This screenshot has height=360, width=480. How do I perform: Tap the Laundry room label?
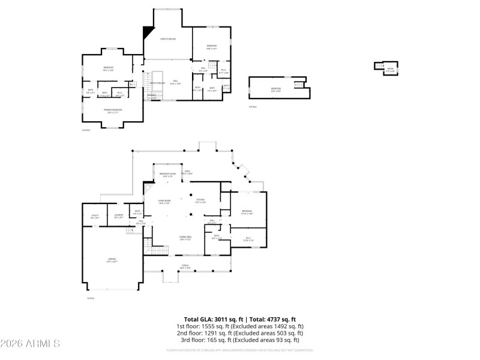point(119,215)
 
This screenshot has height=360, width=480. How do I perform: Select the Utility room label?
point(95,216)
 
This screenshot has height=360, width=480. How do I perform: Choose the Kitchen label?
point(200,200)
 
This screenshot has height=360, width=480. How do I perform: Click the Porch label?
point(185,266)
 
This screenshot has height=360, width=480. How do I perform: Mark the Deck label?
point(187,172)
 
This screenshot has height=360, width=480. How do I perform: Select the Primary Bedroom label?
point(113,110)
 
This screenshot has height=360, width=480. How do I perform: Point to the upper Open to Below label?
point(167,39)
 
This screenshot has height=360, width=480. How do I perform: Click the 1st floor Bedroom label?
point(247,211)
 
